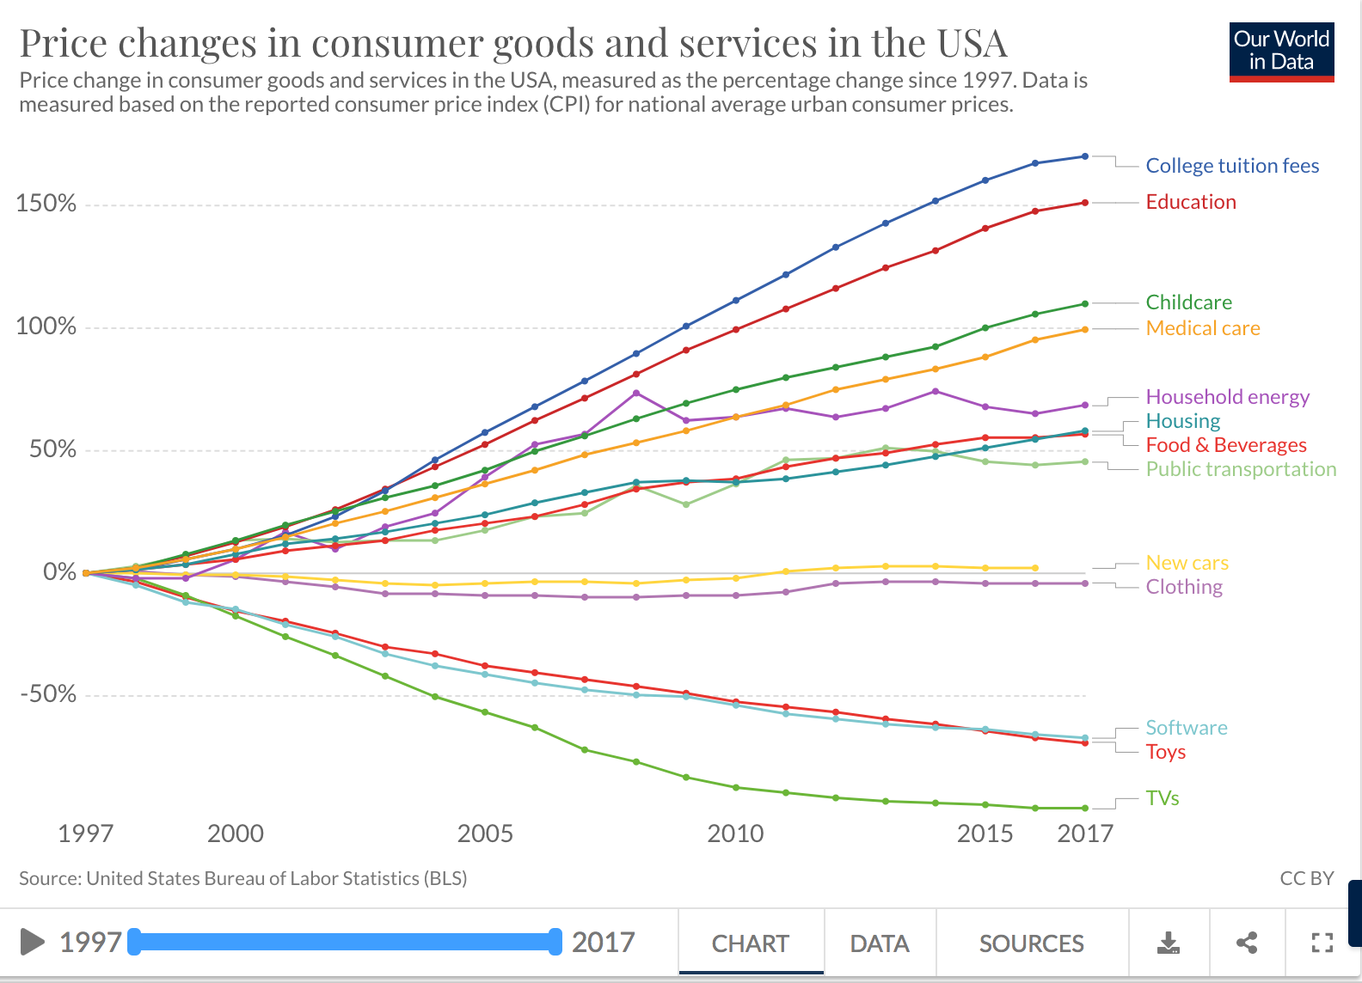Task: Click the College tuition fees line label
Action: (1232, 165)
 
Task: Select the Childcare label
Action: (1188, 302)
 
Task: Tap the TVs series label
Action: (1162, 797)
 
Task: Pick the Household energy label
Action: (1227, 397)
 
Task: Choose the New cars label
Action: (1187, 563)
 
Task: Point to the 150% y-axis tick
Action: (46, 203)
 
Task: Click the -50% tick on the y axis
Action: (48, 693)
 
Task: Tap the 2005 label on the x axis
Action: (485, 833)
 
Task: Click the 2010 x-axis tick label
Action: (735, 833)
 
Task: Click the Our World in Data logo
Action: (1282, 52)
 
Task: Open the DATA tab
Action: (880, 943)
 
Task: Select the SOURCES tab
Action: (1031, 943)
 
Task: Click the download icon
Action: (1168, 943)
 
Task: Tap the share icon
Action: (1247, 943)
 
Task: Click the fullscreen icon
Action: (1322, 943)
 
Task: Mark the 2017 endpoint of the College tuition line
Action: (1085, 156)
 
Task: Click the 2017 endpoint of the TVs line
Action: (1085, 808)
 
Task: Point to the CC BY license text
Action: (1307, 878)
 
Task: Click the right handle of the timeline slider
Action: (555, 942)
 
